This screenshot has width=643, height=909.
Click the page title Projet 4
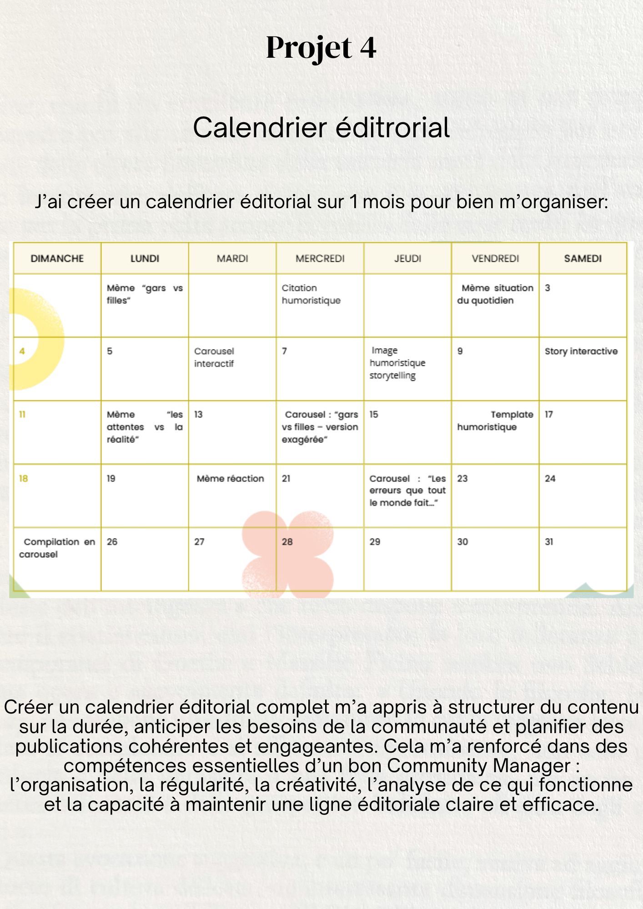321,48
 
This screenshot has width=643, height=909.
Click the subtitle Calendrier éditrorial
321,127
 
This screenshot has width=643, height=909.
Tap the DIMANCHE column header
57,259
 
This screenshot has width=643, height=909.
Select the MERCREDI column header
320,259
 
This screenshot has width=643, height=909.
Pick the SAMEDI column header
583,259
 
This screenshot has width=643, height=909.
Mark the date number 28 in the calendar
287,542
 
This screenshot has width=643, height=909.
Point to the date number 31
549,542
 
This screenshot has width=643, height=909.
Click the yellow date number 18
23,479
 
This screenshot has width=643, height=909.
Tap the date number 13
198,415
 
